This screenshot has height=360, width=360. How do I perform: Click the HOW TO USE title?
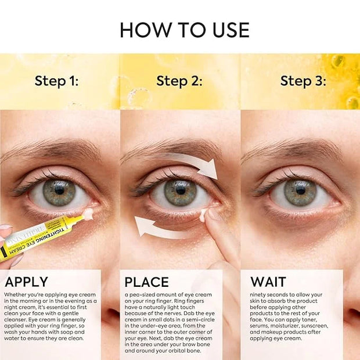click(x=185, y=30)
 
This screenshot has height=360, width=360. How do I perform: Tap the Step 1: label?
click(x=56, y=81)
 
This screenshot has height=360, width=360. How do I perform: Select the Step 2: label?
click(x=179, y=81)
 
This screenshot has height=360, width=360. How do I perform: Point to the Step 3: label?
click(x=303, y=81)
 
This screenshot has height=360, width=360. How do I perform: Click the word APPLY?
click(x=26, y=282)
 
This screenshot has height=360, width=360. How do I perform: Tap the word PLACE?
click(x=146, y=282)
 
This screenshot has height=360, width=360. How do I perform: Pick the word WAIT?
click(x=268, y=282)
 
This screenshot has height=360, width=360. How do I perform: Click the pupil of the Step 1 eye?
click(x=59, y=190)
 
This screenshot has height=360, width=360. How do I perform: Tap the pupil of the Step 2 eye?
click(x=181, y=190)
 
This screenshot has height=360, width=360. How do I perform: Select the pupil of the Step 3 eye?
click(x=300, y=190)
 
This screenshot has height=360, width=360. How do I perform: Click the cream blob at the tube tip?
click(x=88, y=214)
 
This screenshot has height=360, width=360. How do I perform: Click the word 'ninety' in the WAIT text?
click(x=257, y=295)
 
